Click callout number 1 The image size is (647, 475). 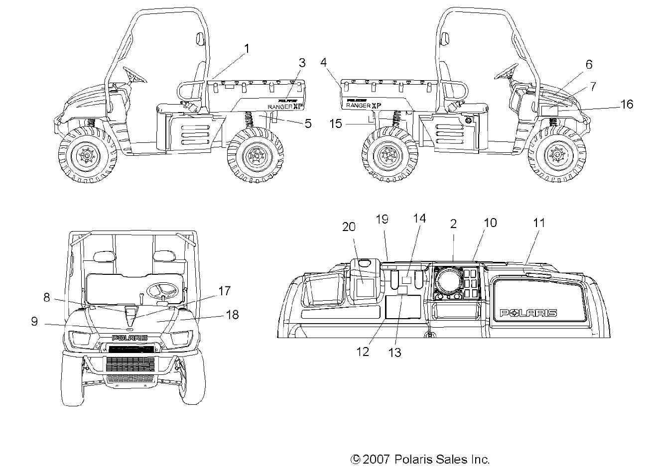coord(246,48)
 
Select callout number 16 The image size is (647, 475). coord(627,104)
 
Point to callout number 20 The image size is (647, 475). coord(349,227)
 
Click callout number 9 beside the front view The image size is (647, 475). coord(34,321)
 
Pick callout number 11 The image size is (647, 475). coord(539,223)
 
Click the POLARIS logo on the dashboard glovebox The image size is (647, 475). coord(528,313)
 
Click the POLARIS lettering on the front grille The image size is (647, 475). coord(129,338)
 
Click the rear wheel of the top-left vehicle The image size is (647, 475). coord(256,156)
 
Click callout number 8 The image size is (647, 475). coord(47,297)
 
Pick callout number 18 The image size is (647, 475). coord(233,315)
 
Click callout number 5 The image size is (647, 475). coord(308,123)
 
